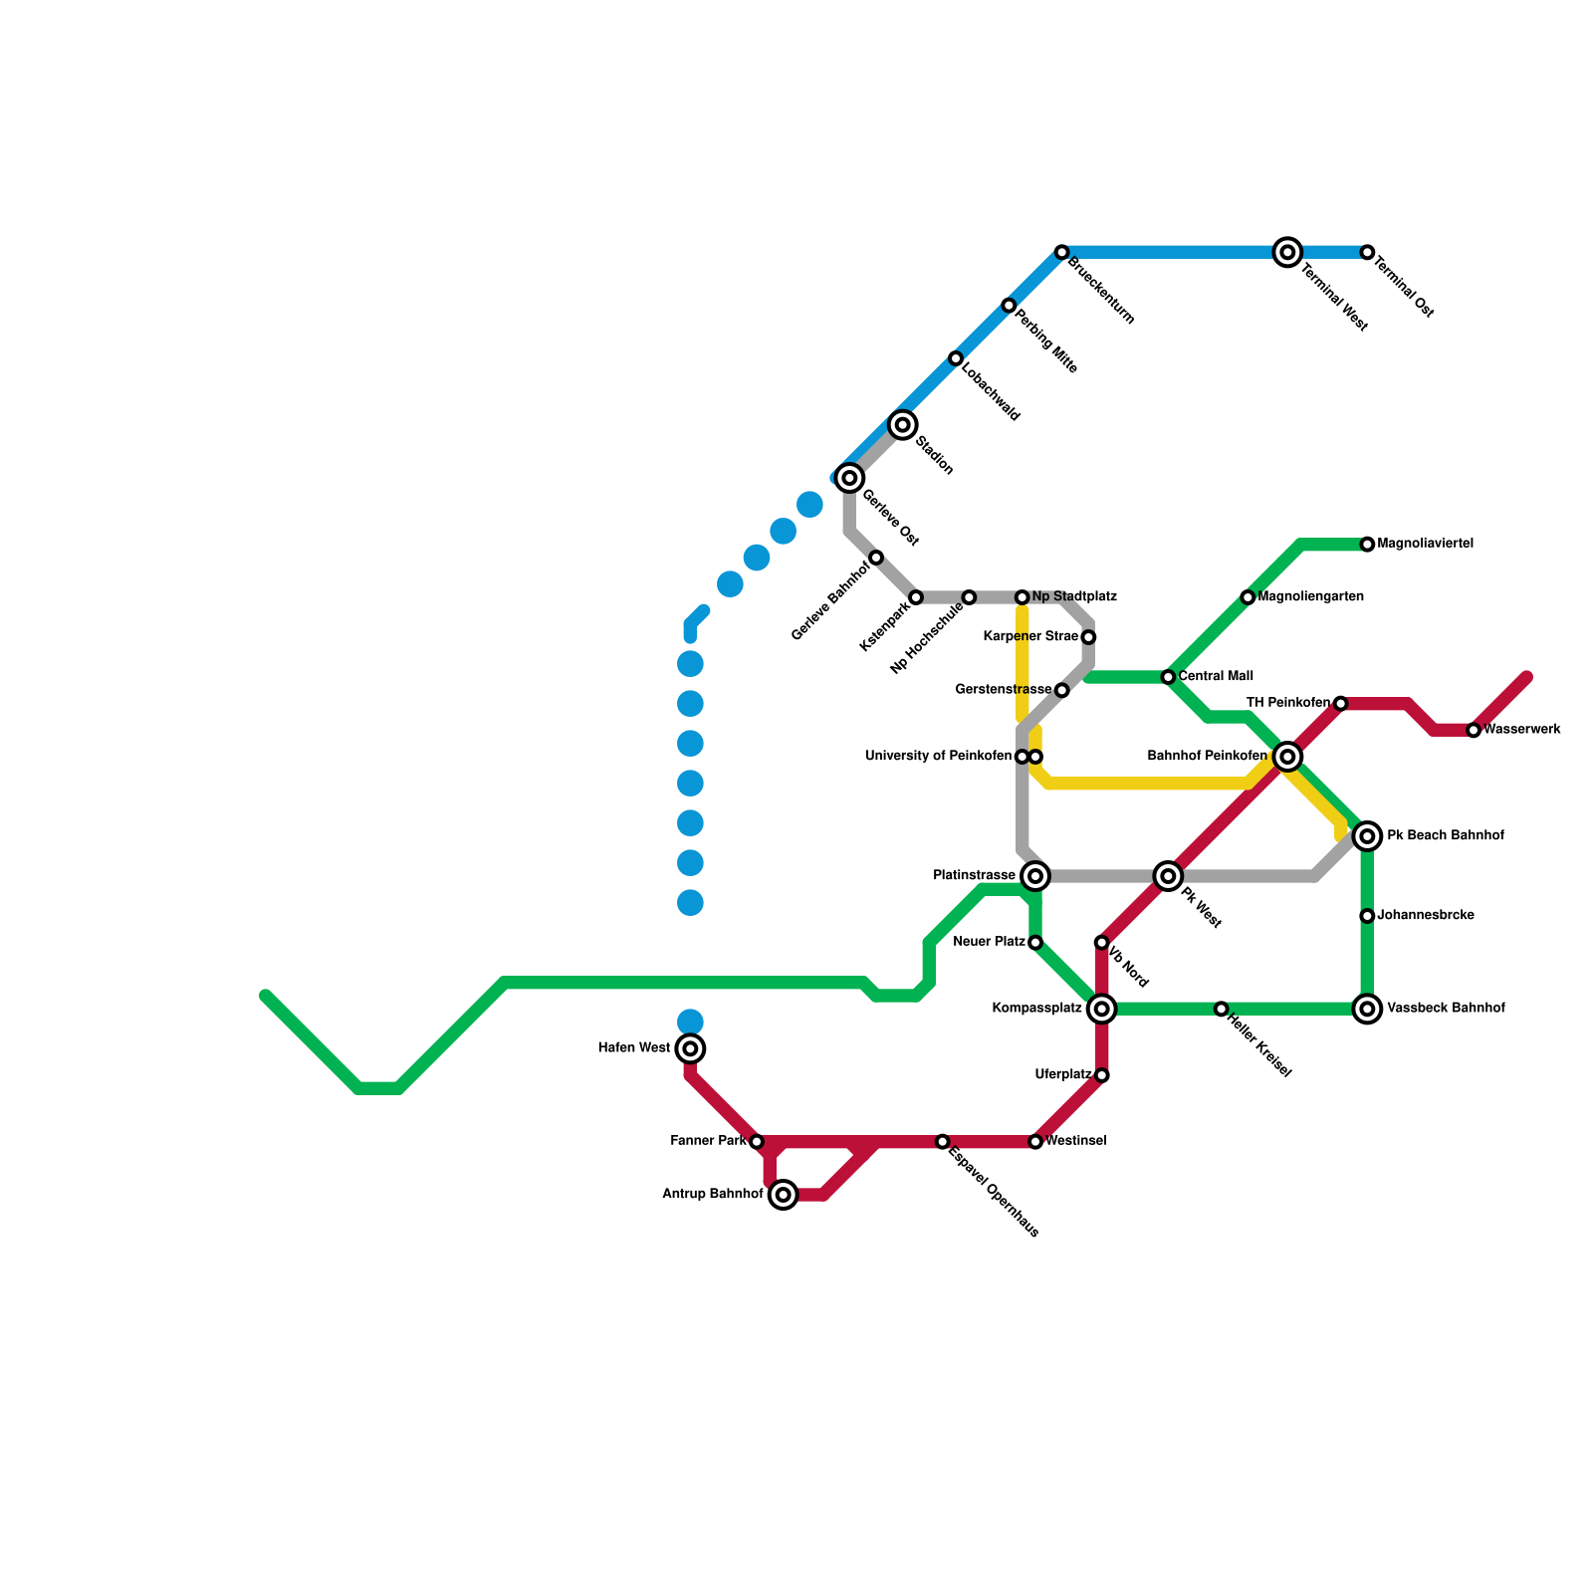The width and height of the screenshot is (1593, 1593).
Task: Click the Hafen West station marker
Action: (690, 1048)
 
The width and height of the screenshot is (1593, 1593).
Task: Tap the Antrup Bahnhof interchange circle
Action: (784, 1194)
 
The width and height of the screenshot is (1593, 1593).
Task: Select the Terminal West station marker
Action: (1287, 253)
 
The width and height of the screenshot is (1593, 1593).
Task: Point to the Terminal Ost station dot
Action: (1367, 253)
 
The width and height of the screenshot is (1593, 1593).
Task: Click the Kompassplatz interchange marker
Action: (1101, 1009)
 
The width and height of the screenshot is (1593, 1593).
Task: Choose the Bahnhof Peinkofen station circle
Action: (1287, 757)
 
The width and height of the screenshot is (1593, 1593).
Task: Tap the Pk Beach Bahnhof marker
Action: (1368, 836)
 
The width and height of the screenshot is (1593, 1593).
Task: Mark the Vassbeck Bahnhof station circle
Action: (1368, 1009)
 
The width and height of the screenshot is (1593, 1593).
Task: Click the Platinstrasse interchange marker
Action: (1035, 876)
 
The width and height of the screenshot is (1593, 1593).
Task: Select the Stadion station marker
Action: (903, 425)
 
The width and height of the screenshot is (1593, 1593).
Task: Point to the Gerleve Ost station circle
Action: (849, 478)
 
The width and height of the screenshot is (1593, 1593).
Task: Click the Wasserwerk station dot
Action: (1474, 731)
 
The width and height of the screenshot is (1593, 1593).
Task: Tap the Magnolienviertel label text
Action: (1425, 544)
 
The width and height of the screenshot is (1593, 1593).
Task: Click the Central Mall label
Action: (1216, 676)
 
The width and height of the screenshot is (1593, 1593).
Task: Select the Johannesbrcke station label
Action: (1425, 915)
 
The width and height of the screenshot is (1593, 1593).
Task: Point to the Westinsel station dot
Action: (1035, 1142)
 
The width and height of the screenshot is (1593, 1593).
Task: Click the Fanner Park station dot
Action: (757, 1142)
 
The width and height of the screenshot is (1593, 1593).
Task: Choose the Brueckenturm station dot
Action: (1062, 253)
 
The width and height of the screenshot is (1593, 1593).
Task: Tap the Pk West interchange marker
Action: (1168, 876)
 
